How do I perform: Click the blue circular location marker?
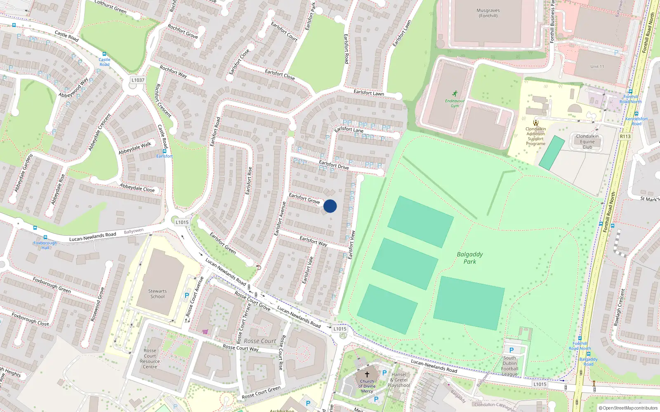pyautogui.click(x=330, y=206)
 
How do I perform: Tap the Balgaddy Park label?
pyautogui.click(x=469, y=258)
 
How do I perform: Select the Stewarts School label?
pyautogui.click(x=158, y=294)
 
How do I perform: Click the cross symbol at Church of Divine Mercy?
pyautogui.click(x=367, y=375)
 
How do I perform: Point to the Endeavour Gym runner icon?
pyautogui.click(x=455, y=94)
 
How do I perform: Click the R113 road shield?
pyautogui.click(x=625, y=136)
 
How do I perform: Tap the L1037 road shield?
pyautogui.click(x=138, y=80)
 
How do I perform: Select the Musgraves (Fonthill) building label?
pyautogui.click(x=488, y=13)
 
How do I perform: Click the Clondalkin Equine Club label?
pyautogui.click(x=587, y=142)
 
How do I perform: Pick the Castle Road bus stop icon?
pyautogui.click(x=104, y=54)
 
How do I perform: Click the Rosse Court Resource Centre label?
pyautogui.click(x=150, y=358)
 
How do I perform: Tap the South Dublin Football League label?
pyautogui.click(x=509, y=366)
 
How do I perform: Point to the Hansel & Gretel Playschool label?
pyautogui.click(x=398, y=380)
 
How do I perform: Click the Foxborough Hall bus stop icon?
pyautogui.click(x=45, y=238)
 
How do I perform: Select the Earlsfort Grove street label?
pyautogui.click(x=304, y=198)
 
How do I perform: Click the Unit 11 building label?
pyautogui.click(x=597, y=66)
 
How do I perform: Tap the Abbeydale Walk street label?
pyautogui.click(x=135, y=148)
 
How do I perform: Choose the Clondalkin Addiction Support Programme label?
pyautogui.click(x=535, y=136)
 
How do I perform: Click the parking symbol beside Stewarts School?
pyautogui.click(x=187, y=295)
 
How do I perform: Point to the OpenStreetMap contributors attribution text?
pyautogui.click(x=628, y=408)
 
